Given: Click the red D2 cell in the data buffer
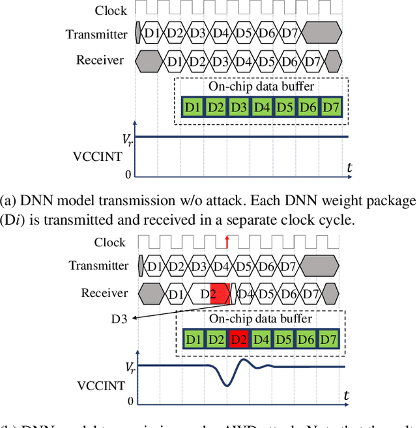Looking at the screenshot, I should (239, 339).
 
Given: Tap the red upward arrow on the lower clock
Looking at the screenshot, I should (227, 242).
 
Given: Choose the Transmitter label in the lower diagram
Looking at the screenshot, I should (98, 266).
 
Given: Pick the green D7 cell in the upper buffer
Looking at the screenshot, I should (331, 107).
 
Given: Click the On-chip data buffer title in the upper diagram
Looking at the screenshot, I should (261, 87).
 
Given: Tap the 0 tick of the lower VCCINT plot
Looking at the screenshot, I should (129, 401).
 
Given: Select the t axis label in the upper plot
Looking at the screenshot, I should (349, 168).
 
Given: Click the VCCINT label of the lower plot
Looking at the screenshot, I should (101, 386).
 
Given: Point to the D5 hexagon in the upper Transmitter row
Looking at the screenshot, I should (243, 32).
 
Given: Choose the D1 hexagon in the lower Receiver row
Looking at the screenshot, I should (176, 294).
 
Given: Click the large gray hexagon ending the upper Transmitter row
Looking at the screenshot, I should (322, 32).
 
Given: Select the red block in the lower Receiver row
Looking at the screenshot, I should (222, 294).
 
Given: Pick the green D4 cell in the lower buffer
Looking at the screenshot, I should (262, 339).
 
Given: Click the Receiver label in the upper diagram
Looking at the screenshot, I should (100, 60).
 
